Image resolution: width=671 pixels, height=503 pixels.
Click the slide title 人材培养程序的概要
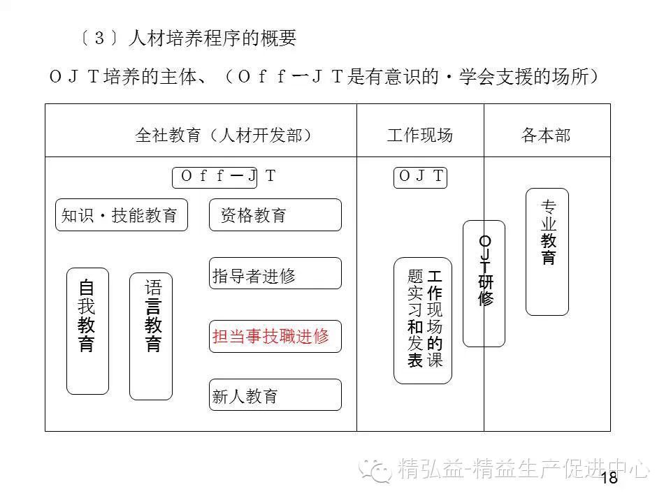(x=212, y=38)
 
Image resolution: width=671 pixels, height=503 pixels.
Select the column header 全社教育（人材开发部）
(x=224, y=135)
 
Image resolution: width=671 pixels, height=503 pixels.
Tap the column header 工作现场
(x=419, y=135)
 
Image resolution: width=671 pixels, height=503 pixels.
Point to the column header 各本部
(x=546, y=135)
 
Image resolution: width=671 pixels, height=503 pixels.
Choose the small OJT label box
(x=420, y=177)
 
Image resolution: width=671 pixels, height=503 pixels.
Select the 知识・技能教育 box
(x=121, y=215)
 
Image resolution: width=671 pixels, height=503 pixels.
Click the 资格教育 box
(x=275, y=215)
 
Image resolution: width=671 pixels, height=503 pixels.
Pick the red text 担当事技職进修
(x=270, y=336)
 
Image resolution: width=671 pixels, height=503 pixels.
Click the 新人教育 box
(x=275, y=395)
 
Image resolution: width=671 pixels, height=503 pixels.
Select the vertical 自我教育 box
(x=87, y=330)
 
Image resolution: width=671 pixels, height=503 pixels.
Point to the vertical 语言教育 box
(x=151, y=336)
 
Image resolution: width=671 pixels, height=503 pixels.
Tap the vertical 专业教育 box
(x=547, y=251)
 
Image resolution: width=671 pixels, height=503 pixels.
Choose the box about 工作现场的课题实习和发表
(x=423, y=321)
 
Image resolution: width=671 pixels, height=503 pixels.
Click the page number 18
(x=609, y=478)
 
